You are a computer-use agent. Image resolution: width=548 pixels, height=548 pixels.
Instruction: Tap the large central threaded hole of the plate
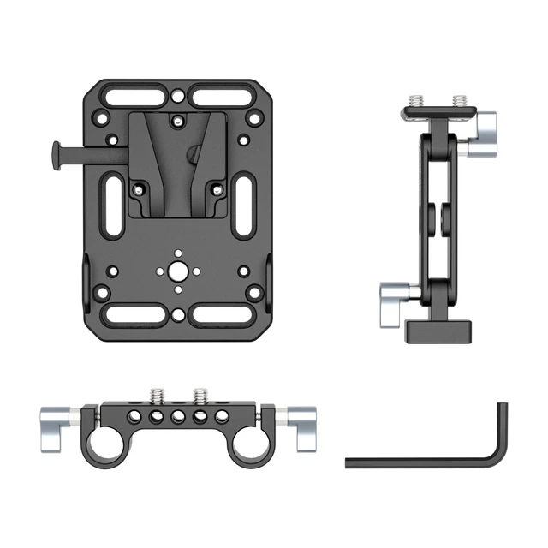click(x=176, y=271)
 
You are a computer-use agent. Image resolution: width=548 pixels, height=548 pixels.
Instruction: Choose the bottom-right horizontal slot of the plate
click(x=222, y=313)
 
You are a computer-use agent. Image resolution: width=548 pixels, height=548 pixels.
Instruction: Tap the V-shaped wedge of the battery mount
click(x=176, y=158)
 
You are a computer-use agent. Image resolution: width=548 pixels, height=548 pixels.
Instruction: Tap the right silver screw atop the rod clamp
click(x=200, y=395)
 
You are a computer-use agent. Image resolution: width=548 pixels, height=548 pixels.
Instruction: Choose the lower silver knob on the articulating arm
click(x=396, y=300)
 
